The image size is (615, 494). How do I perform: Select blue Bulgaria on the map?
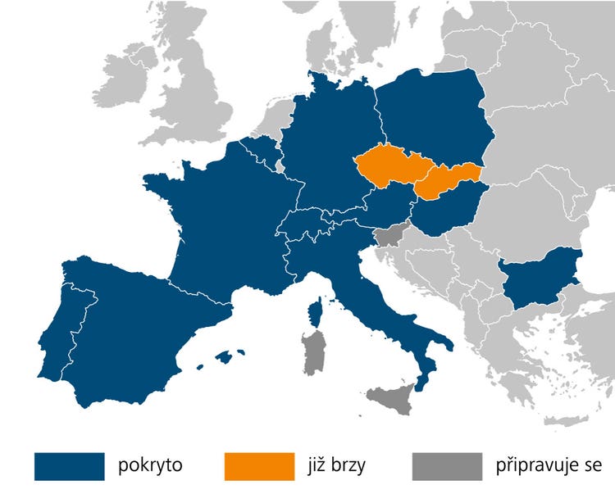tap(540, 276)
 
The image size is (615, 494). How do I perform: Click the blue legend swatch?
tap(70, 465)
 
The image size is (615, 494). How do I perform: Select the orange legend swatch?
tap(259, 465)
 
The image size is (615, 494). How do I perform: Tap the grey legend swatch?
tap(448, 465)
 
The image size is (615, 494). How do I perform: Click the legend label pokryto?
tap(150, 465)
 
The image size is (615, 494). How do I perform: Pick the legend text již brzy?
tap(338, 465)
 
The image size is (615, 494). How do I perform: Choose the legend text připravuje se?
tap(549, 465)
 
